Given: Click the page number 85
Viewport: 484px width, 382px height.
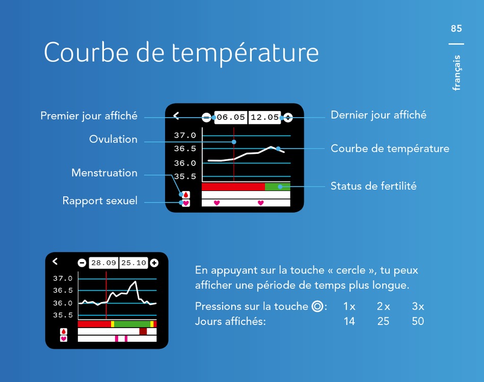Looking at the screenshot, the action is [x=456, y=29].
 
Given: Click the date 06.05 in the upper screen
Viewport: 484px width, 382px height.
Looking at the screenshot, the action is [x=231, y=117].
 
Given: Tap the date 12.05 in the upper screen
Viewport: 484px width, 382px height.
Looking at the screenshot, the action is [x=264, y=117].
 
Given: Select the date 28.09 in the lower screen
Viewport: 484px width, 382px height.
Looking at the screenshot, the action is [x=103, y=263].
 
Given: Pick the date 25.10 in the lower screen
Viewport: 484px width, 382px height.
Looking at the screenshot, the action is [x=133, y=263].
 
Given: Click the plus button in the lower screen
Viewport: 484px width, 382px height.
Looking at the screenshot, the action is [x=154, y=263].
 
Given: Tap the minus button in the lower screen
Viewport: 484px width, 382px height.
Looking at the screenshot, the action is [x=82, y=263].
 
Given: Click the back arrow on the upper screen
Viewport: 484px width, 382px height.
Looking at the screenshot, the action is [x=176, y=116].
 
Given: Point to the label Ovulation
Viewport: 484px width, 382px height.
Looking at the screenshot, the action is [x=113, y=139].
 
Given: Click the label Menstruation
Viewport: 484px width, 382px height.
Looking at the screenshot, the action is [x=104, y=173].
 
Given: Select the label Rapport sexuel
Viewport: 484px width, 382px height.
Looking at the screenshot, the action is [x=100, y=201].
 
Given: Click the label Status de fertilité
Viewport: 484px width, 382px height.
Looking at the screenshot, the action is [x=373, y=186].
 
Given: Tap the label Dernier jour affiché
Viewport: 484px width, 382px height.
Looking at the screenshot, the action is [x=379, y=115].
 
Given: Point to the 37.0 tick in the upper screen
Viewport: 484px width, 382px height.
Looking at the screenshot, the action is [x=185, y=135].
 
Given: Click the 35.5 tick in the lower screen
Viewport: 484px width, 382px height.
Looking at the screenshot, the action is [x=63, y=315].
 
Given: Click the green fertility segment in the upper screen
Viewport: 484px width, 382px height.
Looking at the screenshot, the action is [x=278, y=187].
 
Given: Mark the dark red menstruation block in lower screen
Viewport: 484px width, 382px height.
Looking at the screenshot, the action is [x=143, y=332].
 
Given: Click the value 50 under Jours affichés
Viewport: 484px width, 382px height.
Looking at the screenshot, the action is [x=418, y=321].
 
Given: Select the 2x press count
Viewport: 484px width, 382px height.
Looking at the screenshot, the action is [x=383, y=307].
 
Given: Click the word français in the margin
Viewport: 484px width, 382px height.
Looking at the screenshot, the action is [x=456, y=73].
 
